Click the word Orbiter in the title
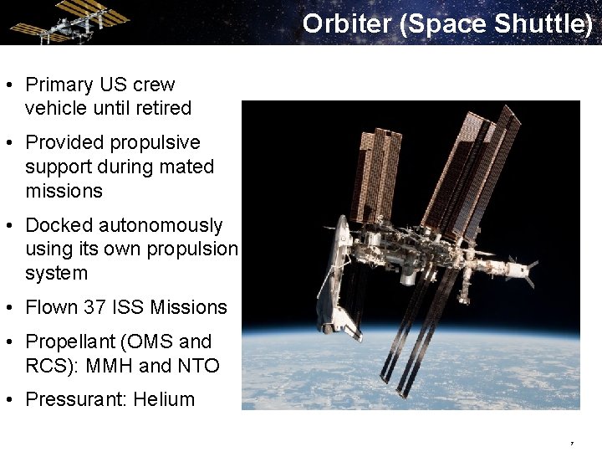[347, 23]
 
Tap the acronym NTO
[197, 366]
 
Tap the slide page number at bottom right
[572, 443]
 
